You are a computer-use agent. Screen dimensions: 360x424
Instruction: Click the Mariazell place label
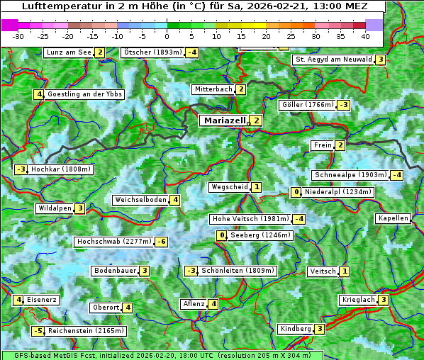(224, 120)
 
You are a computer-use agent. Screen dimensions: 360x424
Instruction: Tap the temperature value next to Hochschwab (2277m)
(162, 242)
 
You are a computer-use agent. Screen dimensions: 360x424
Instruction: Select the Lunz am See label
(68, 52)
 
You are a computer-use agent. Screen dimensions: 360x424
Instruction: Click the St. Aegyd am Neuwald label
(333, 60)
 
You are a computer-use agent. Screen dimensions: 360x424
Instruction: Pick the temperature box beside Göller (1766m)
(343, 105)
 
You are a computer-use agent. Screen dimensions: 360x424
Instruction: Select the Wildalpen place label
(55, 208)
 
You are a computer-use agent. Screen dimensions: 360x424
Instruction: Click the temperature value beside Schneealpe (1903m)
(396, 175)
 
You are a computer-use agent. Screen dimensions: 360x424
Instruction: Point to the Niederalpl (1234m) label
(338, 192)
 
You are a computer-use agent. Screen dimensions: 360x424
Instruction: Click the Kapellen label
(393, 218)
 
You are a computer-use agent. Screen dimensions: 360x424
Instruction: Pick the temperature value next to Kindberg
(320, 329)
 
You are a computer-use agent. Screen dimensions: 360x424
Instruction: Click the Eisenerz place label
(43, 300)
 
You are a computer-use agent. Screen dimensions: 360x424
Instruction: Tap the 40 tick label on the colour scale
(365, 35)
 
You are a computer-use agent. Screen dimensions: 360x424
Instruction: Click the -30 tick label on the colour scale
(19, 35)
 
